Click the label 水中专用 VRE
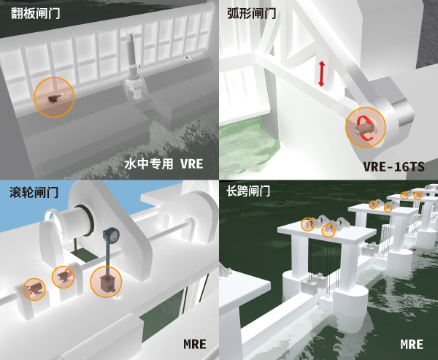click(x=163, y=164)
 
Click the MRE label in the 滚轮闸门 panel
click(x=194, y=343)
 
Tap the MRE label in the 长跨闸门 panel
click(x=412, y=343)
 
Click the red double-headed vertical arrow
click(x=320, y=74)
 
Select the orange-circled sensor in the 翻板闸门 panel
click(x=54, y=97)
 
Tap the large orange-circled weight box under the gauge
click(x=106, y=282)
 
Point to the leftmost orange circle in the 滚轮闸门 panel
click(x=34, y=289)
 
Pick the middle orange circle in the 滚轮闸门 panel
click(x=63, y=276)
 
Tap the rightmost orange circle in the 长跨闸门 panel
click(x=418, y=195)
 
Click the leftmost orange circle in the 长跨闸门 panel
click(x=308, y=225)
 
